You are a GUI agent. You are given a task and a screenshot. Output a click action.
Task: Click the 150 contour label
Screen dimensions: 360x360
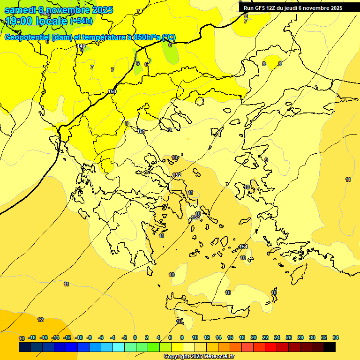(112, 91)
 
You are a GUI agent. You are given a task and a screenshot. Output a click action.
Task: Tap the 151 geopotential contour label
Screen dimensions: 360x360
(141, 131)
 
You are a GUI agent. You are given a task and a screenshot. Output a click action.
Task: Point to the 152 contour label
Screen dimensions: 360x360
(177, 175)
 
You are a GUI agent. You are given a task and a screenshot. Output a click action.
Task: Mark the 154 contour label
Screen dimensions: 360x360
(243, 247)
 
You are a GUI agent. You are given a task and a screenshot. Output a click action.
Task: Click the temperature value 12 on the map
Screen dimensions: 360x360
(40, 320)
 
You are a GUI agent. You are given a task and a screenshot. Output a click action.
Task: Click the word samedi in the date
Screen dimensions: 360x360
(21, 10)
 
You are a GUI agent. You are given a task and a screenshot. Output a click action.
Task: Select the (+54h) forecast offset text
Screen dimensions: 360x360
(81, 21)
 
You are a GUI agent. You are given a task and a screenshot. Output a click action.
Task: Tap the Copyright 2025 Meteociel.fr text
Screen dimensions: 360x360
(199, 356)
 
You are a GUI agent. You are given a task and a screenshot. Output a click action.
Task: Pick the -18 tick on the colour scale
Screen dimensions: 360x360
(32, 337)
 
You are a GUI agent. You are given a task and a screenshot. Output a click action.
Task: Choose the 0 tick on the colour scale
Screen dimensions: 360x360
(135, 337)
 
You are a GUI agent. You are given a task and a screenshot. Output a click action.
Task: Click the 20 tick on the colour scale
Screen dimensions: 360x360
(254, 337)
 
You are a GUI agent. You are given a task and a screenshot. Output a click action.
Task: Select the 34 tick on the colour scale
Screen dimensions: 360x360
(336, 337)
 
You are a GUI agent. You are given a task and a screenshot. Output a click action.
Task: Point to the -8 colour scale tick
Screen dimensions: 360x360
(89, 337)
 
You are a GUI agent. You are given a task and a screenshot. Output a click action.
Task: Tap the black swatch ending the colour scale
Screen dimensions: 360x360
(330, 347)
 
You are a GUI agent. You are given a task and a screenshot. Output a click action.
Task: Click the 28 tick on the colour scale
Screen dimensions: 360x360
(300, 337)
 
